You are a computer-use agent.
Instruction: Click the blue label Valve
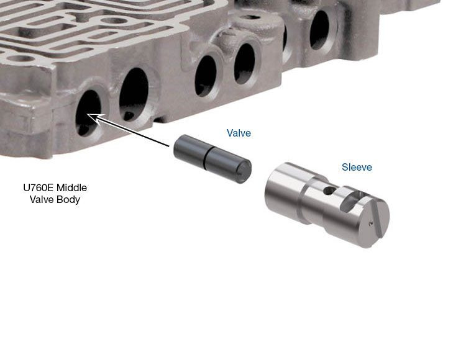[239, 133]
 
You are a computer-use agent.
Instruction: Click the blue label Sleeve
[357, 167]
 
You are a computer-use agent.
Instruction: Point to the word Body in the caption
[68, 200]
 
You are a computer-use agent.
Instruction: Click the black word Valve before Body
[43, 200]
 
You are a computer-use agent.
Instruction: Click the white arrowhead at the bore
[92, 116]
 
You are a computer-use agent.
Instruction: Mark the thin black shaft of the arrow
[134, 132]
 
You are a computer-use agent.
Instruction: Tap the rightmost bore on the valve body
[318, 29]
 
